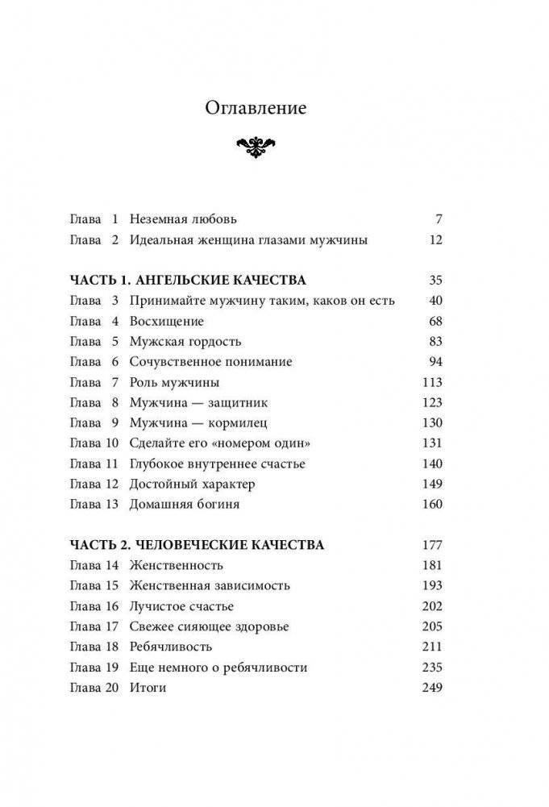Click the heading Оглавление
[x=256, y=108]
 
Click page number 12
[x=435, y=239]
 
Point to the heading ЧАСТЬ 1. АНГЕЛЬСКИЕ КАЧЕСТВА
[x=189, y=281]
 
